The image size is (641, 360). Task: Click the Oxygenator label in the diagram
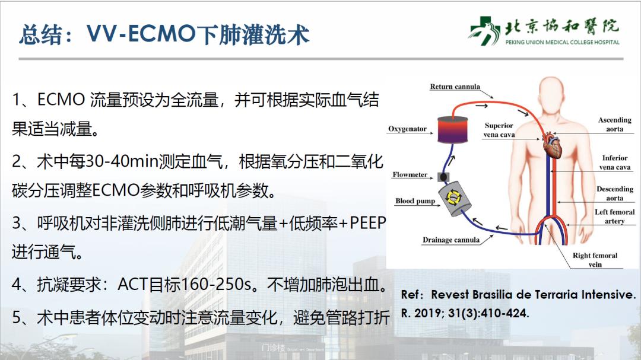click(407, 129)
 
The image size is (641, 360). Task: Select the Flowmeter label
click(410, 175)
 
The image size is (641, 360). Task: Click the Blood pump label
click(415, 201)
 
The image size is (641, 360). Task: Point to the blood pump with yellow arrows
click(456, 197)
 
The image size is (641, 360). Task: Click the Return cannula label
click(455, 87)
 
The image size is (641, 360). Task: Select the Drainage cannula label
click(450, 240)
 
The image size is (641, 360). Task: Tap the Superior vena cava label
click(499, 130)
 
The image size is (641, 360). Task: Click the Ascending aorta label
click(614, 125)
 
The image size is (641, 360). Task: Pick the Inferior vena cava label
click(614, 163)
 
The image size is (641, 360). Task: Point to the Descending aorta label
click(614, 193)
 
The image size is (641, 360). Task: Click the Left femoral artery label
click(614, 216)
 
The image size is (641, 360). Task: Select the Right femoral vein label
click(595, 260)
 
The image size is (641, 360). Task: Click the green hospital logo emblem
click(485, 30)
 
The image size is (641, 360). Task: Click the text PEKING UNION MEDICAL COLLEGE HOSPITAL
click(562, 42)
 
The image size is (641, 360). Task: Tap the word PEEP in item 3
click(367, 223)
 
